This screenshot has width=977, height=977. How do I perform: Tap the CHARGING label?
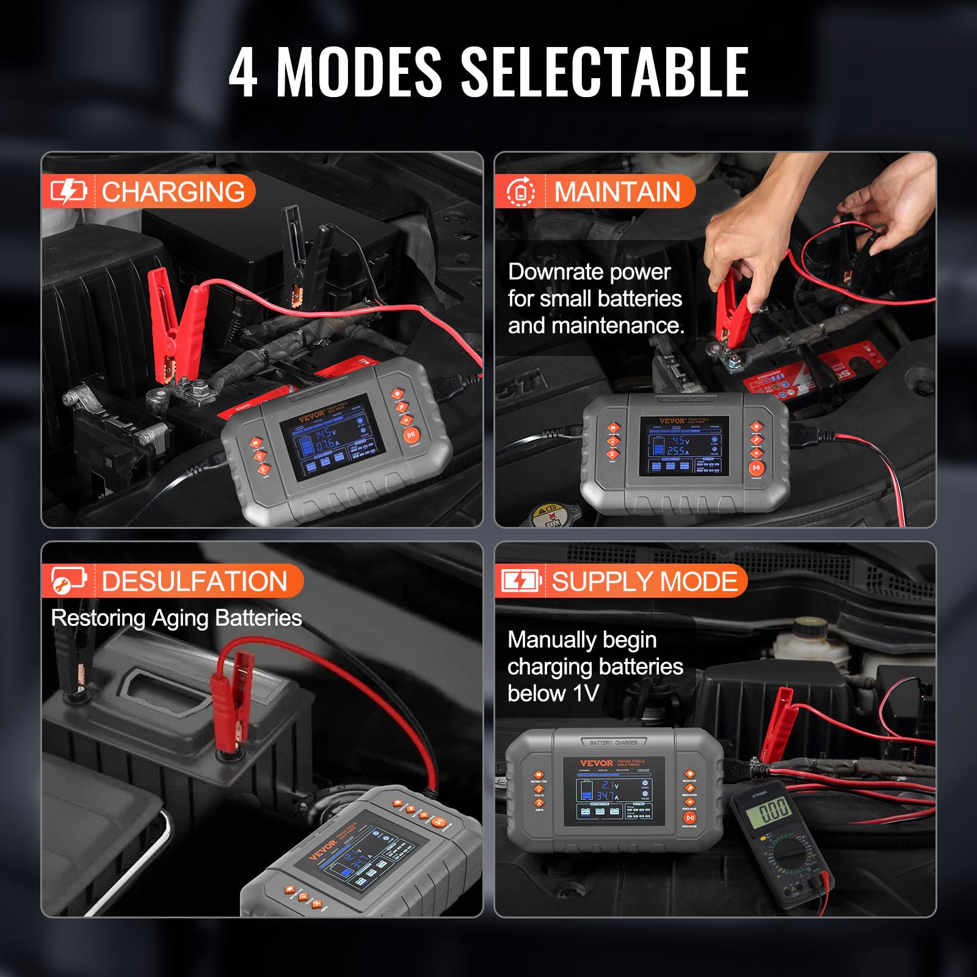pos(173,192)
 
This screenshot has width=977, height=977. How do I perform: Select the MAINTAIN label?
pos(617,192)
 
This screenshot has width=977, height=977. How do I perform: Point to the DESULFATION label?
pos(194,581)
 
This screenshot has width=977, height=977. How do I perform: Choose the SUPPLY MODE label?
pos(644,581)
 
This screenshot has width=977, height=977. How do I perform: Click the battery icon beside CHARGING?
pos(68,192)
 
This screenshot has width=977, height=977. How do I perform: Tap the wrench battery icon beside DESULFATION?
pos(68,581)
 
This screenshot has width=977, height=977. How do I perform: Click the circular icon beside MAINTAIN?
pos(521,192)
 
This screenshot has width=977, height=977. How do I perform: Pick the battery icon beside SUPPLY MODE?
pos(521,581)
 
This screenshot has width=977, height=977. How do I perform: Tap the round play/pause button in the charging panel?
pos(411,435)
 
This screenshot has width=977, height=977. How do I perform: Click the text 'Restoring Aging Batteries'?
pos(176,618)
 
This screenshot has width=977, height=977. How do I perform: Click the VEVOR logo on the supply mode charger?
pos(597,763)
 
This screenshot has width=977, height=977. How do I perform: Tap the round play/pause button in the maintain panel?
pos(757,468)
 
